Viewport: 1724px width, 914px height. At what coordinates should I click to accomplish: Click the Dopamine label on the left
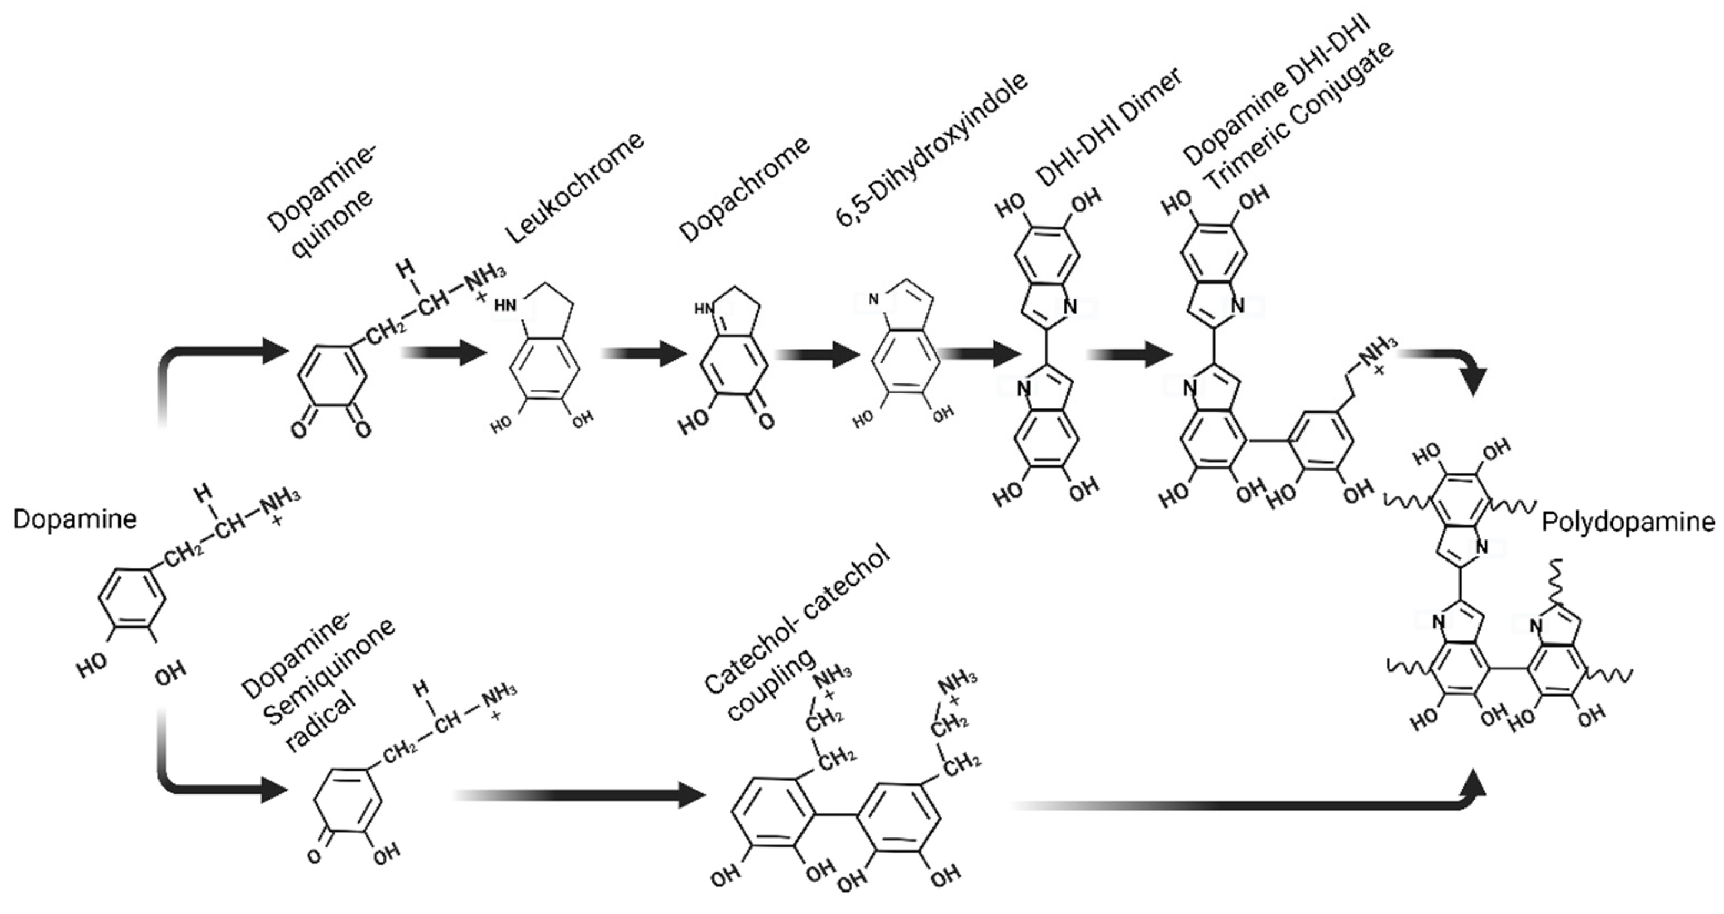coord(74,520)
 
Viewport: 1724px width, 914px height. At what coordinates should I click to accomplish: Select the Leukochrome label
coord(574,188)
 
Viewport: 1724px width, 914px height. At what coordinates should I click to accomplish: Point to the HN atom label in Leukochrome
coord(506,306)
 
